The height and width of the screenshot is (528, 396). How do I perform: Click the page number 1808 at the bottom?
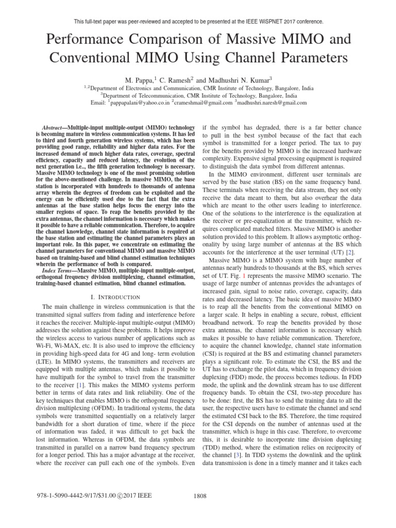click(x=199, y=510)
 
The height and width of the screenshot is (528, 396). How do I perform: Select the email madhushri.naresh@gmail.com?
click(x=273, y=103)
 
